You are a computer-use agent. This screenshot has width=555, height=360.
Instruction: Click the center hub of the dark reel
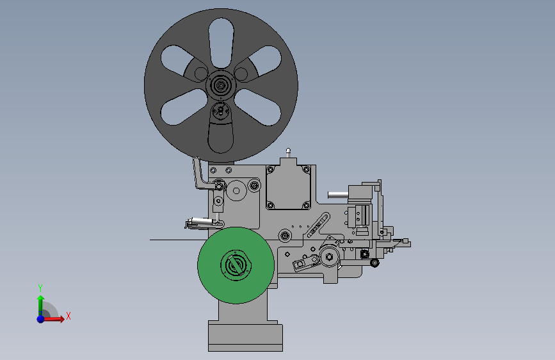pyautogui.click(x=221, y=85)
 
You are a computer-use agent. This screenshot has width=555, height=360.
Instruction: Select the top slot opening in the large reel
pyautogui.click(x=221, y=43)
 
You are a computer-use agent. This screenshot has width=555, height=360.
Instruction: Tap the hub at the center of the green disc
pyautogui.click(x=236, y=265)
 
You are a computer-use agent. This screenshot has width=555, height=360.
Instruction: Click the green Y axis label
pyautogui.click(x=40, y=288)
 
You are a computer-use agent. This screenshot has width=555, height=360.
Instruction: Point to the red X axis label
pyautogui.click(x=68, y=316)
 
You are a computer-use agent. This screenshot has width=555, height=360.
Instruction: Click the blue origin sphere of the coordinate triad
pyautogui.click(x=41, y=319)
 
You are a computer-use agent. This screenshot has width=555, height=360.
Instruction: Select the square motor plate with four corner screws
pyautogui.click(x=288, y=187)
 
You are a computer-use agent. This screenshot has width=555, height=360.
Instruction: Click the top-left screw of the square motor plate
pyautogui.click(x=271, y=170)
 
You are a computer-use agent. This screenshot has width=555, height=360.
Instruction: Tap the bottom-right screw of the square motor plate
pyautogui.click(x=306, y=205)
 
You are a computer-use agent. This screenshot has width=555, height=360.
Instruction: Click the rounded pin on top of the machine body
pyautogui.click(x=288, y=152)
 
